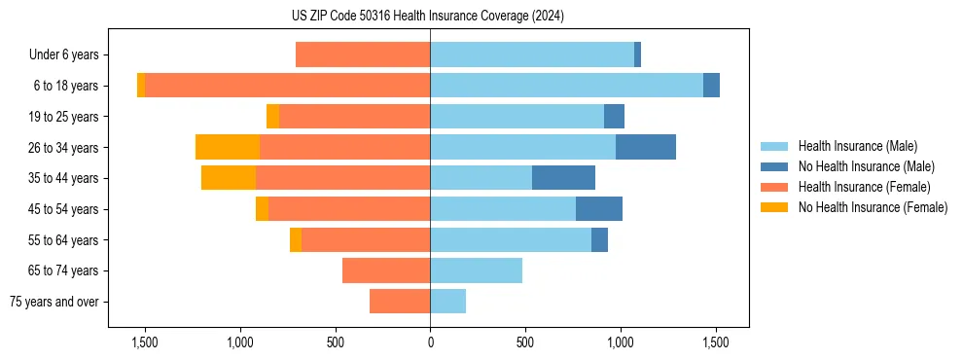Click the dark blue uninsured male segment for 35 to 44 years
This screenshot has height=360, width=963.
click(563, 178)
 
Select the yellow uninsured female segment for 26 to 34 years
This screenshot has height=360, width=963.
click(228, 147)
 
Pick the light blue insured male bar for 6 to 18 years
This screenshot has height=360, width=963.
click(566, 86)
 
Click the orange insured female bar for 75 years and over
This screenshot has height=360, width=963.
click(400, 302)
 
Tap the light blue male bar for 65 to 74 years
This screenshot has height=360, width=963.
click(476, 270)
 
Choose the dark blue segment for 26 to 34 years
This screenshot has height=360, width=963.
click(645, 147)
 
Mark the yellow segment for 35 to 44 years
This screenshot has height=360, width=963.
click(229, 178)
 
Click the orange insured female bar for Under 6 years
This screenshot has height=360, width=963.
click(363, 54)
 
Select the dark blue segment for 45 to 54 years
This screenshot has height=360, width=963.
click(598, 209)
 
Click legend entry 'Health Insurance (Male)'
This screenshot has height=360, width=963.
click(857, 146)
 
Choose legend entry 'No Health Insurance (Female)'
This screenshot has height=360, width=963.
click(873, 207)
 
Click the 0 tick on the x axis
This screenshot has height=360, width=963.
click(430, 342)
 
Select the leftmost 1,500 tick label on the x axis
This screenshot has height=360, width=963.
click(144, 342)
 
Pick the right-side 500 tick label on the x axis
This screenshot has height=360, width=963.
click(525, 342)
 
